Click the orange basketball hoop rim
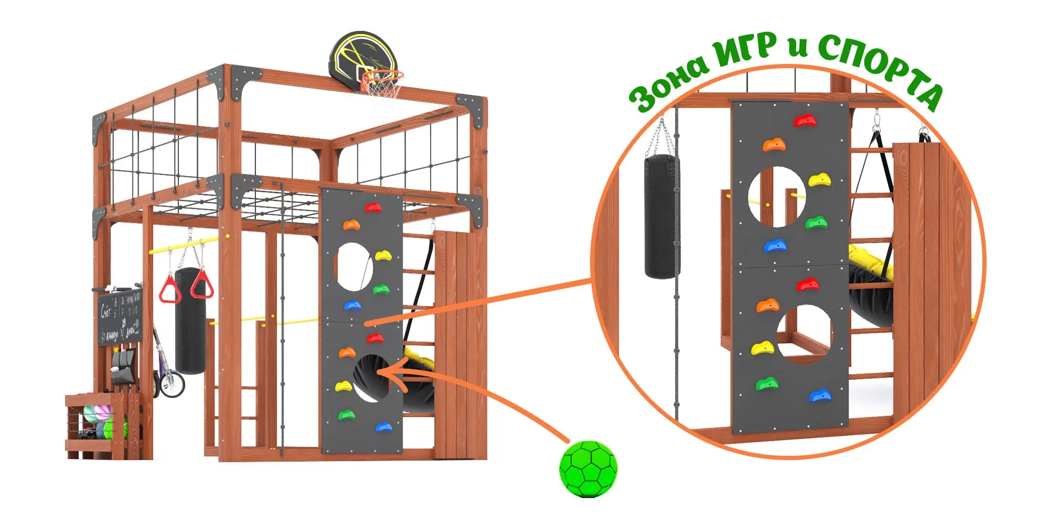tap(382, 77)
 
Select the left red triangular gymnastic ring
tap(169, 289)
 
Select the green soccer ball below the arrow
tap(588, 468)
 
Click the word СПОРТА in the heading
tap(881, 68)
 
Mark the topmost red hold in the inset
tap(805, 121)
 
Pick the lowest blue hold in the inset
tap(820, 396)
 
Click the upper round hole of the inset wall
tap(777, 196)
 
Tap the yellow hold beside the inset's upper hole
tap(819, 181)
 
